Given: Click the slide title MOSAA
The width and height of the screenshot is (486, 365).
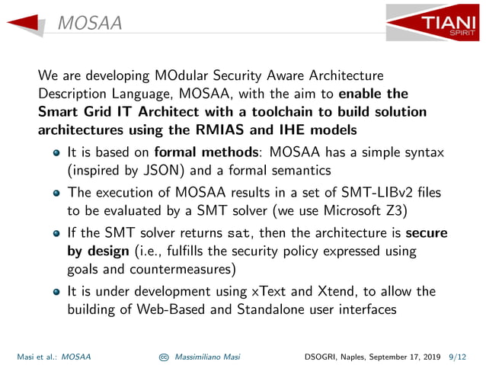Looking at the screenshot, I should [x=89, y=24].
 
